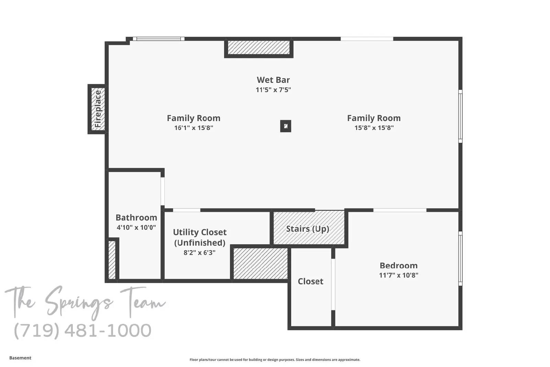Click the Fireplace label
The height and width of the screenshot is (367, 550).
tap(98, 109)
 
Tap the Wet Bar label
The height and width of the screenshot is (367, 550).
tap(273, 80)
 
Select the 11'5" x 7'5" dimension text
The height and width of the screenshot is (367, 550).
tap(273, 90)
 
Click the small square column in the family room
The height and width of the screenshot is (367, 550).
tap(286, 126)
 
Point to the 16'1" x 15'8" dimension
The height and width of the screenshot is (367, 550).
tap(194, 128)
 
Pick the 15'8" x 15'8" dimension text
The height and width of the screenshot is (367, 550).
tap(374, 128)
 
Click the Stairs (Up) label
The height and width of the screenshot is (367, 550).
tap(308, 229)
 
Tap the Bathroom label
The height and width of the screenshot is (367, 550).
tap(136, 217)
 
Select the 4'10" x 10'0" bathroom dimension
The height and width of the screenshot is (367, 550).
tap(136, 227)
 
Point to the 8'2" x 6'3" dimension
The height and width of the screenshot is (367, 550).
tap(199, 252)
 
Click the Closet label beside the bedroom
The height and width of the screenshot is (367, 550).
tap(310, 281)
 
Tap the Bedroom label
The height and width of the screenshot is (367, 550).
tap(398, 266)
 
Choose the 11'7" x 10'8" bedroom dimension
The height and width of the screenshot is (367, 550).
tap(398, 275)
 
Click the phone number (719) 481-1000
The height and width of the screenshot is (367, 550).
tap(83, 331)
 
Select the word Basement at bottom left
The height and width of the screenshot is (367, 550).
tap(20, 358)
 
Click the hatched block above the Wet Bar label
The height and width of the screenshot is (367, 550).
tap(259, 47)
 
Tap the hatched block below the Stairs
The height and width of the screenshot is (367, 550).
tap(261, 263)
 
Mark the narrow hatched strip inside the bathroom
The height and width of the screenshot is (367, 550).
tap(112, 260)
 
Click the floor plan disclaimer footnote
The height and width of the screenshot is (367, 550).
tap(275, 360)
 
